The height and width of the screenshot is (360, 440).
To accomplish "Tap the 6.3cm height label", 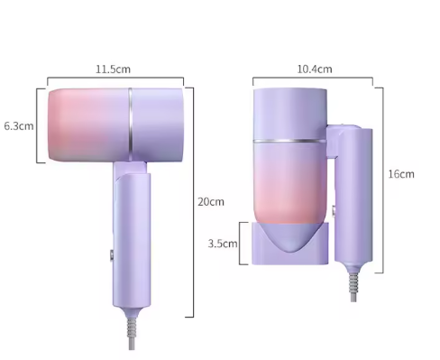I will (18, 125).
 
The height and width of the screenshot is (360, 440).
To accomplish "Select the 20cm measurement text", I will (210, 201).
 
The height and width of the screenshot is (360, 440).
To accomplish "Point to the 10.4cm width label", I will (314, 69).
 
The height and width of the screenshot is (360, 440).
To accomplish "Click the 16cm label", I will (401, 173).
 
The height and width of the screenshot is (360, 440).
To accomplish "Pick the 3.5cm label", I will (223, 243).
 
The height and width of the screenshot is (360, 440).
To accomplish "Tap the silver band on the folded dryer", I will (289, 141).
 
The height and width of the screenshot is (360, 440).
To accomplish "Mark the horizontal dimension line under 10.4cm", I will (313, 78).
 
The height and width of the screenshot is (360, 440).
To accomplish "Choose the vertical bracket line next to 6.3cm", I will (38, 125).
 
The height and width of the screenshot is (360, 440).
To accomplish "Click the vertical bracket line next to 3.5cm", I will (242, 243).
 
